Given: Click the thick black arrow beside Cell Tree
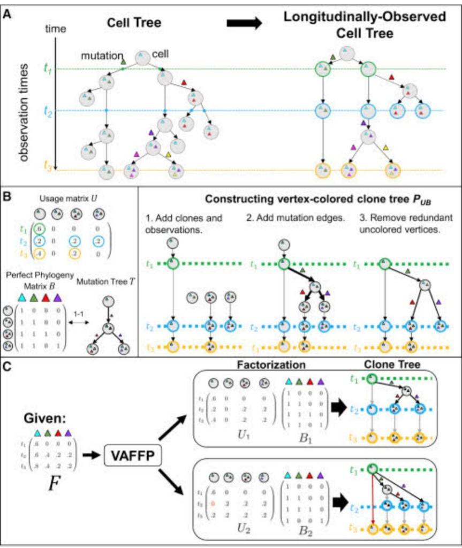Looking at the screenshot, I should point(244,24).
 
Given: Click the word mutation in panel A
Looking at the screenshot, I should point(100,55).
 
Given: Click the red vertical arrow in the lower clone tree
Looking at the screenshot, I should point(372,498).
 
